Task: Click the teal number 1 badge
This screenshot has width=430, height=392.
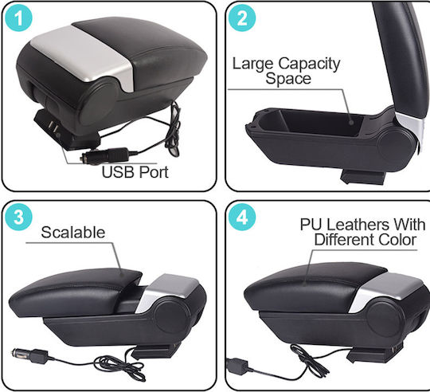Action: (x=18, y=18)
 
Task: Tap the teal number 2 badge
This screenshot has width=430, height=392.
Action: (x=242, y=18)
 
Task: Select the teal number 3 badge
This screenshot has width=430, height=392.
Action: (x=18, y=217)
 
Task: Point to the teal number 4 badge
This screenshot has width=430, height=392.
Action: (x=242, y=217)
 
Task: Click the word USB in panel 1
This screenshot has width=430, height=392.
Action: (x=119, y=172)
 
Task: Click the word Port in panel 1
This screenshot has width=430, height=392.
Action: (x=154, y=172)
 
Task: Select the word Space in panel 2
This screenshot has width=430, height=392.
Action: (x=288, y=79)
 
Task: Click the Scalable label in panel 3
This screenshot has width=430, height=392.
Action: (x=73, y=233)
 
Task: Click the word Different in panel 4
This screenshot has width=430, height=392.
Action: (x=344, y=240)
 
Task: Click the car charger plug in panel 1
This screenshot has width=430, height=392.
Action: (x=105, y=156)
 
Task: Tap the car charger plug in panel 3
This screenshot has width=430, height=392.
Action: (x=30, y=355)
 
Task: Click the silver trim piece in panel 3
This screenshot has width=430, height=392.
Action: (x=168, y=292)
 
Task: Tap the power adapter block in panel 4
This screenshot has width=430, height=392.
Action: (x=238, y=366)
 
